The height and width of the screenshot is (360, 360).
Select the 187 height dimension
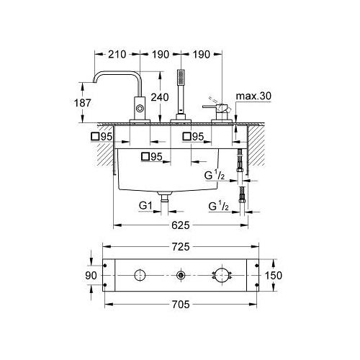tap(82, 103)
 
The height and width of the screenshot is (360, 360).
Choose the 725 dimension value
tap(182, 248)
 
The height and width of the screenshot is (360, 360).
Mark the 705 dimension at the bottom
tap(181, 304)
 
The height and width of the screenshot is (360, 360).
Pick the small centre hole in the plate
tap(180, 275)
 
